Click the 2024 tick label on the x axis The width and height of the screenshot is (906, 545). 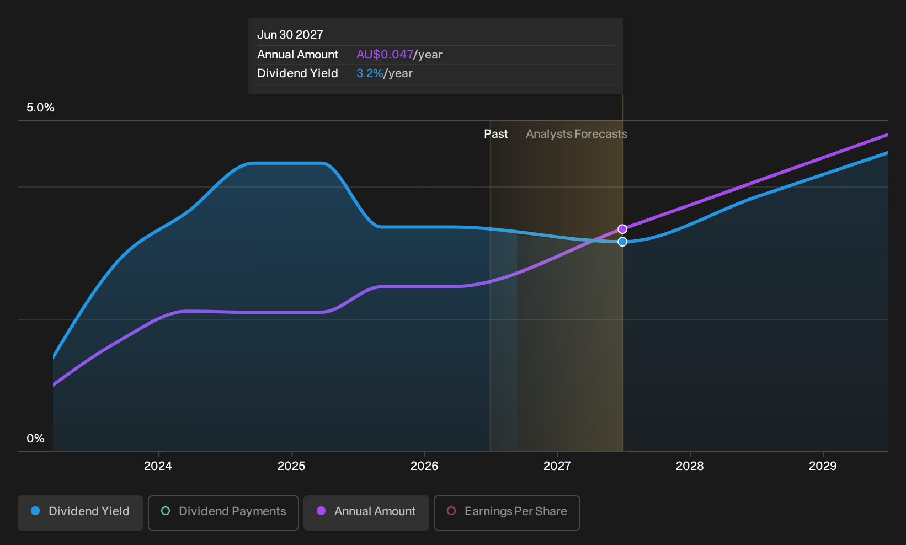pos(158,466)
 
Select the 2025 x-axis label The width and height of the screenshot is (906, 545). pos(291,466)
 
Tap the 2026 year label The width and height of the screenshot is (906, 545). pos(424,466)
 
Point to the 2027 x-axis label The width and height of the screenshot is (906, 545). pos(557,466)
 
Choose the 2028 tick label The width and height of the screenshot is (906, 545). pos(690,466)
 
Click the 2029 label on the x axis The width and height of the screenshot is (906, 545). pos(823,466)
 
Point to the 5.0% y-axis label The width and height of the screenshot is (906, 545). pos(40,108)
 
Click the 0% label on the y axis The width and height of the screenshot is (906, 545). pos(36,439)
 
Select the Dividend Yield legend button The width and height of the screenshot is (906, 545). pos(81,512)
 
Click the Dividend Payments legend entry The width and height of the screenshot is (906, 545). pos(223,512)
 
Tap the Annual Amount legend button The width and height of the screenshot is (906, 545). pos(366,512)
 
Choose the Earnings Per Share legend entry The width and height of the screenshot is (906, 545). pos(507,512)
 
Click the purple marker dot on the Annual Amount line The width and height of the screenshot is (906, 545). pos(622,229)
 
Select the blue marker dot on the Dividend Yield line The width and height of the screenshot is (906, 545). pos(622,242)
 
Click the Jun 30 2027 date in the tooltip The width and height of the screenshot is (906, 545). pos(290,35)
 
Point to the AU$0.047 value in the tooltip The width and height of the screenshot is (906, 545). pos(385,55)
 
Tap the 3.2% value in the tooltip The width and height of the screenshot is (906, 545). pos(370,73)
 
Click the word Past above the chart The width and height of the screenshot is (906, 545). pos(496,134)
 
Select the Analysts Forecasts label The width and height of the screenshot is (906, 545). pos(577,134)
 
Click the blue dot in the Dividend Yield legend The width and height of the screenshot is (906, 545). pos(36,511)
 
